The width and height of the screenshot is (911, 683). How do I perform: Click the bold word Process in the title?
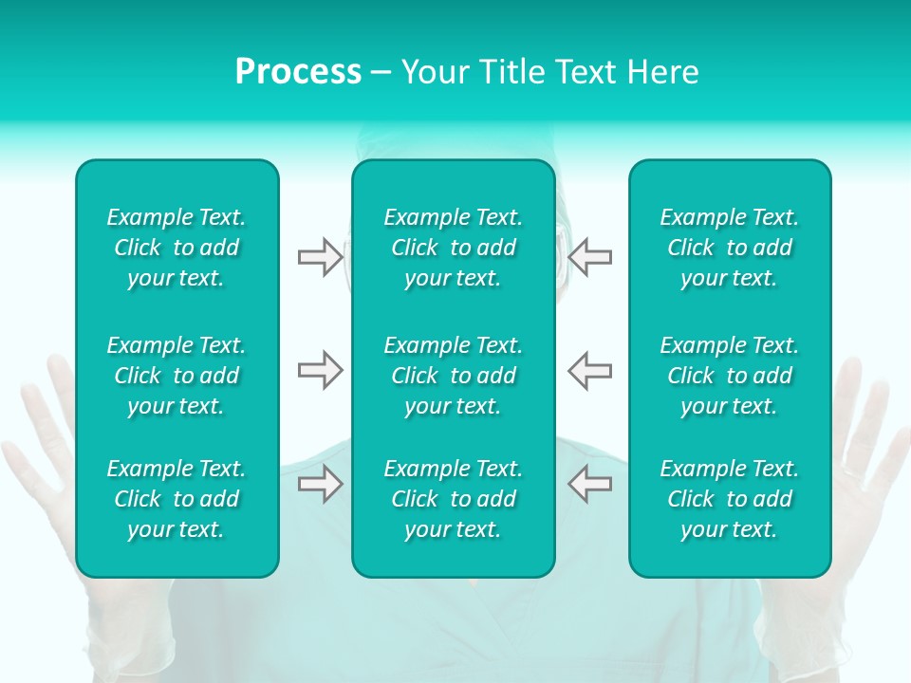(x=298, y=72)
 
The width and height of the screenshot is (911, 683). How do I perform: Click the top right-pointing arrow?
(x=320, y=257)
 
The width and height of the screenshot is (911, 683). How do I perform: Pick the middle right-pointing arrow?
(x=320, y=370)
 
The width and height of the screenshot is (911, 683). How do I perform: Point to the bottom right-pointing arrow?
(x=320, y=484)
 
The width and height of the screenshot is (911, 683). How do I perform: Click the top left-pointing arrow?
(x=590, y=257)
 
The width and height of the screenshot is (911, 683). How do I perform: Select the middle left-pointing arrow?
(x=590, y=370)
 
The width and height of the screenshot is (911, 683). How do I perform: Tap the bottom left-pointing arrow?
(x=590, y=484)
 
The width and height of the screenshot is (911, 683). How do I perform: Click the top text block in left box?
(x=177, y=248)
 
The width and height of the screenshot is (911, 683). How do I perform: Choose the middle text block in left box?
(x=177, y=376)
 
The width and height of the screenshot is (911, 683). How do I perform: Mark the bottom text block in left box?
(x=177, y=499)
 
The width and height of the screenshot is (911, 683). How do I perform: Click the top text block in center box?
(x=454, y=248)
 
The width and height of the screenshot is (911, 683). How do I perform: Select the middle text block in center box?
(x=454, y=376)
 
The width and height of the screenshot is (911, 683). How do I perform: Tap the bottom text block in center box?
(x=454, y=499)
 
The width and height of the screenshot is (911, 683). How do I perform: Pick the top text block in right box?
(x=730, y=248)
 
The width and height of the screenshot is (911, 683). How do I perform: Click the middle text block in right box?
(x=730, y=376)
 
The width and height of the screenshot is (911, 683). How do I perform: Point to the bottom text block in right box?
(x=730, y=499)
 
